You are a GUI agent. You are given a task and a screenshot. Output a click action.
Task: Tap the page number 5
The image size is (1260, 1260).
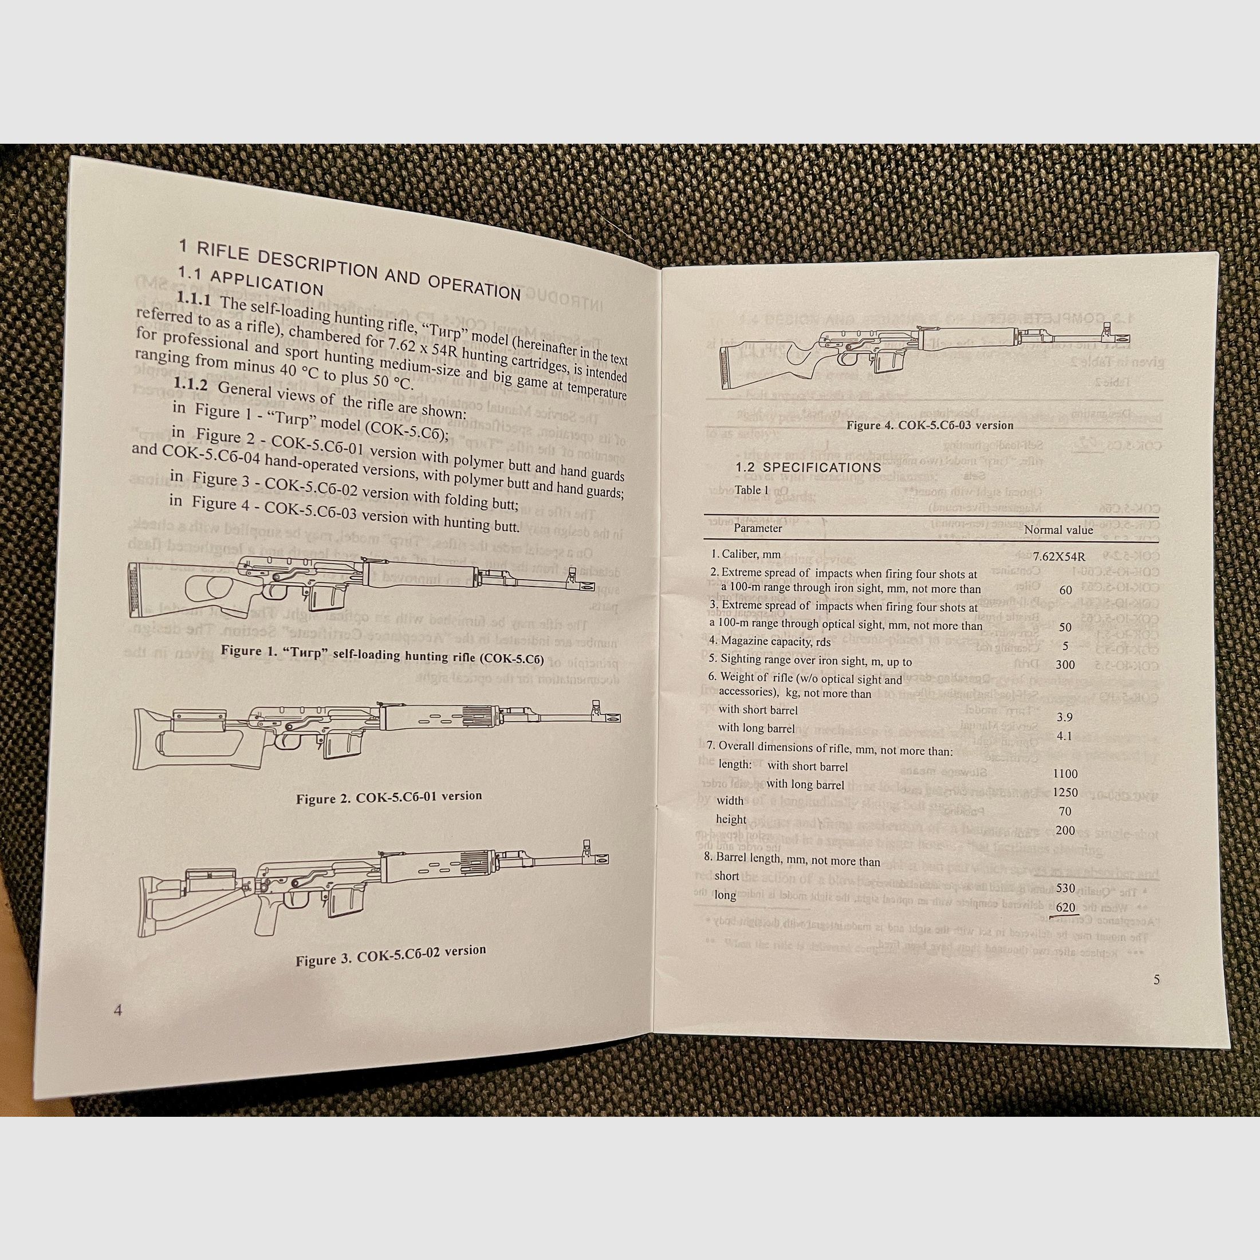click(x=1157, y=979)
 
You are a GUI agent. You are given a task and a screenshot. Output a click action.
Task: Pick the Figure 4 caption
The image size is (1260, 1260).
click(x=930, y=425)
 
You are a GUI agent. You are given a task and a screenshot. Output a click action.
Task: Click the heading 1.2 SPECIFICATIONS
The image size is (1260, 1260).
click(x=808, y=467)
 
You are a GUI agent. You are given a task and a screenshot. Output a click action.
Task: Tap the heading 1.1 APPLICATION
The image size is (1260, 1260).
click(x=251, y=281)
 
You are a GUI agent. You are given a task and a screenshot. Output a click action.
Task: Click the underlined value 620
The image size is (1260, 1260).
click(x=1065, y=907)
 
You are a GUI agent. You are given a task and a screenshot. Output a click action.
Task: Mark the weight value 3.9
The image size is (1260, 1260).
click(x=1064, y=716)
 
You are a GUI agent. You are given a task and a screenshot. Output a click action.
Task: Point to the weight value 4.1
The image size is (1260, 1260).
click(x=1064, y=735)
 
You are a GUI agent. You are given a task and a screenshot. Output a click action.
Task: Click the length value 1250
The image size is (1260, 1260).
click(x=1065, y=793)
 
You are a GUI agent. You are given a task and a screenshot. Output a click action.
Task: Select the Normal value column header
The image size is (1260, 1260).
click(x=1058, y=530)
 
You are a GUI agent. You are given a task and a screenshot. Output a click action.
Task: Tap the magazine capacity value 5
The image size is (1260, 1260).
click(x=1065, y=645)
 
